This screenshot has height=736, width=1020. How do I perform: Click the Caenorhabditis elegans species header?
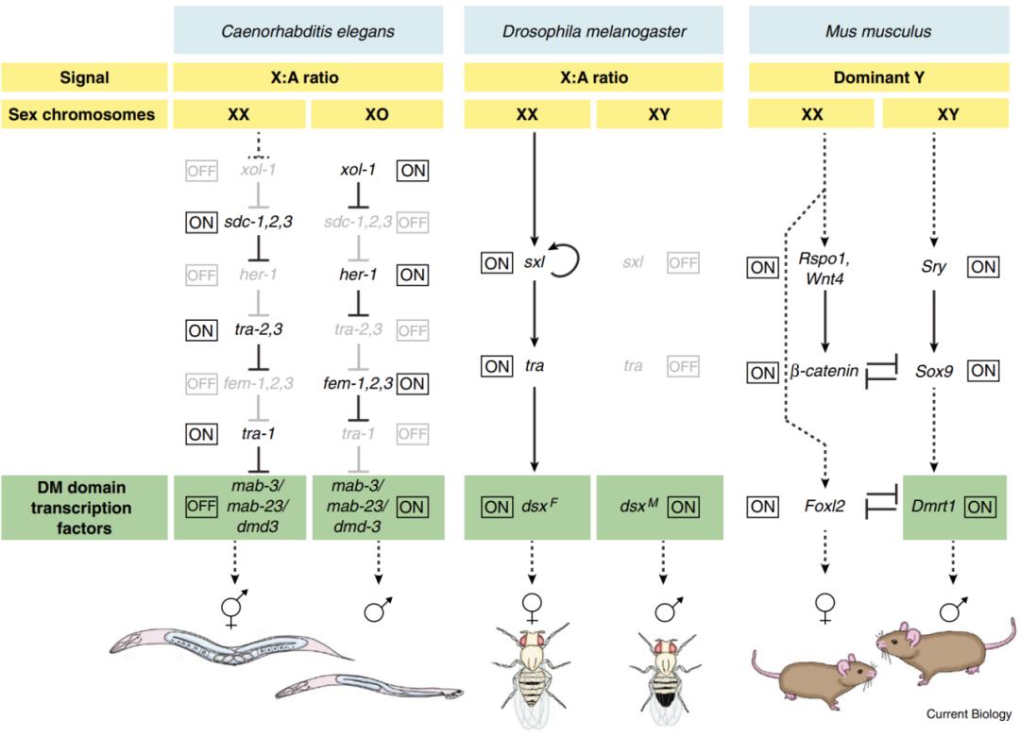307,31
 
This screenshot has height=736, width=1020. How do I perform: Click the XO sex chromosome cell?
375,115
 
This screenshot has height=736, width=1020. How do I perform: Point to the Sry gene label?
932,267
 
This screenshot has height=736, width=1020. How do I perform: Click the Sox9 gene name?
932,370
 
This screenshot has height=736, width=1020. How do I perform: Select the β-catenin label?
824,371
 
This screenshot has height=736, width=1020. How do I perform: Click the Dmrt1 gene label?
932,507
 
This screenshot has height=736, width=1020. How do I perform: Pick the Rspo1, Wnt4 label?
825,276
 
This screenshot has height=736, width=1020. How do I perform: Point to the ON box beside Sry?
983,267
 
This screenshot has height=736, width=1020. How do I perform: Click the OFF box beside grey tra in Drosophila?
684,366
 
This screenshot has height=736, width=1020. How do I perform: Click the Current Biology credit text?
968,714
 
